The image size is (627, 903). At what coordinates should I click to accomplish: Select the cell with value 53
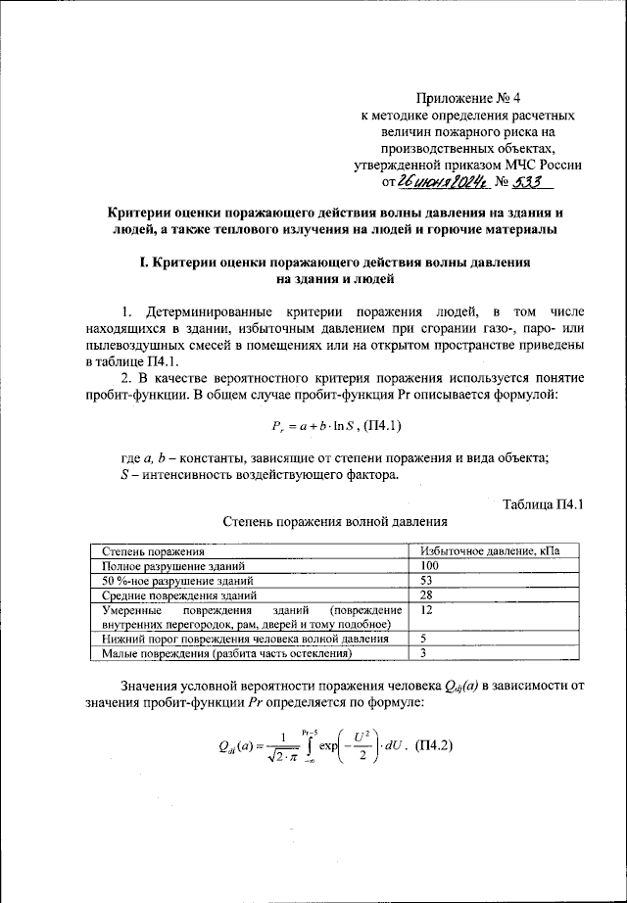pyautogui.click(x=426, y=580)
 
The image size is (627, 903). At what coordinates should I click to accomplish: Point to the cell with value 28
pyautogui.click(x=426, y=594)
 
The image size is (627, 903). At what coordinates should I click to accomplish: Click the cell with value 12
pyautogui.click(x=426, y=608)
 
